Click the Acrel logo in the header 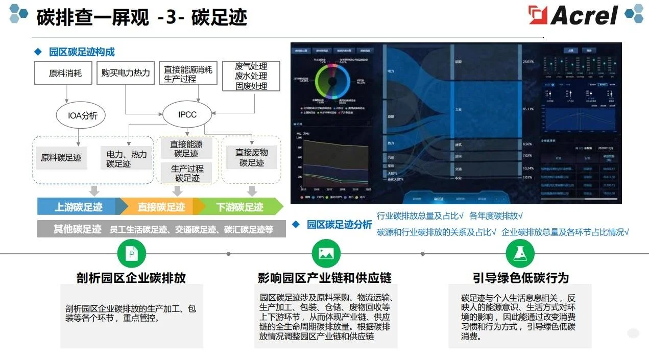573,15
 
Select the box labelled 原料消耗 65,73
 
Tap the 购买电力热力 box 126,73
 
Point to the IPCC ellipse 187,114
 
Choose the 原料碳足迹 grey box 61,158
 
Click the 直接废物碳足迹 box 252,158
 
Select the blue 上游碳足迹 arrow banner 79,207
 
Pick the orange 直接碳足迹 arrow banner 161,207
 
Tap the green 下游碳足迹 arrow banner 240,207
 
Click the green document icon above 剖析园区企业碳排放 131,253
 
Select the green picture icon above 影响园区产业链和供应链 326,253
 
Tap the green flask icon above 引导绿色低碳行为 520,253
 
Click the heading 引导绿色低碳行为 520,278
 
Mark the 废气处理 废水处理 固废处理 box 251,77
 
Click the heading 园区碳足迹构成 82,52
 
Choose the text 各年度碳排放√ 496,216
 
